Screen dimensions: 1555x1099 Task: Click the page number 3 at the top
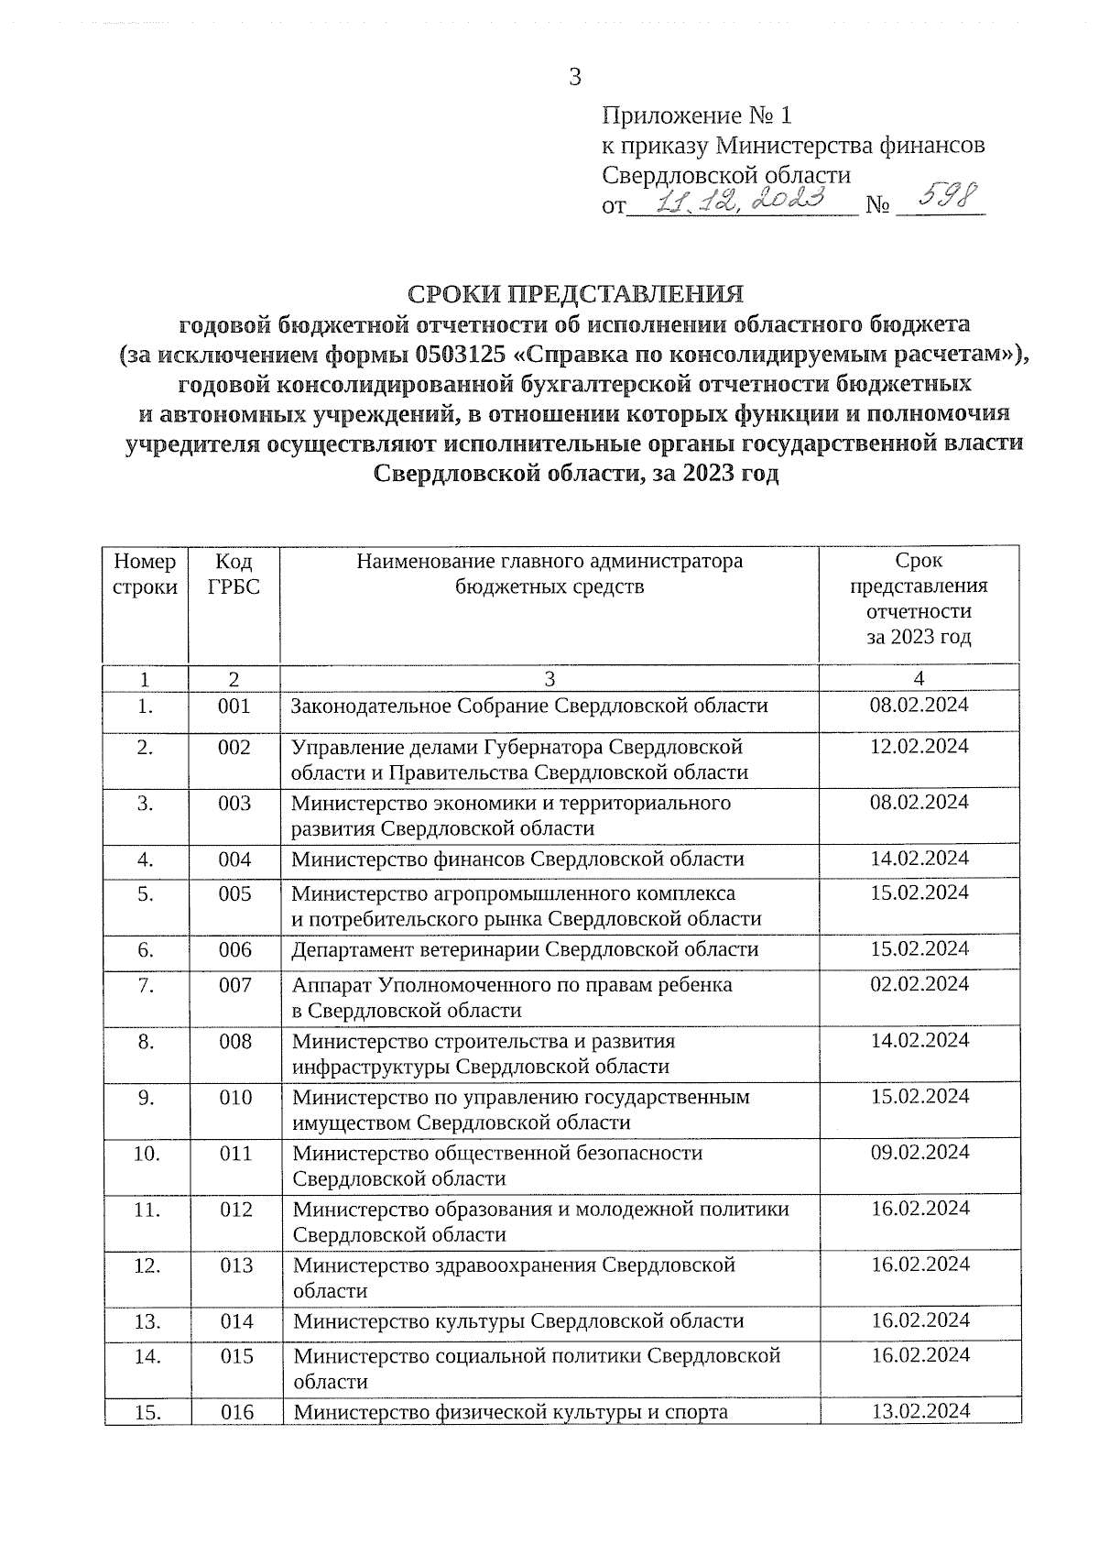coord(575,77)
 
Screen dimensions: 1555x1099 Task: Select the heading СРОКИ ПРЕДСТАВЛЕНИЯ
coord(575,294)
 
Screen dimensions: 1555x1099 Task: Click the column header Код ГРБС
coord(234,574)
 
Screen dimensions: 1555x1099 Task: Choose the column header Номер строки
coord(145,574)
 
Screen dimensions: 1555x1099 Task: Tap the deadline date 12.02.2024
coord(919,747)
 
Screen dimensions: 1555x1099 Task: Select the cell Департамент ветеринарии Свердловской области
coord(525,949)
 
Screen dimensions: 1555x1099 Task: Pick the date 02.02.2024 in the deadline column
coord(919,984)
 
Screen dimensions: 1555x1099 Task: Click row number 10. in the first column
coord(147,1154)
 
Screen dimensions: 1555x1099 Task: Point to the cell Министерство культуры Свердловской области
coord(518,1321)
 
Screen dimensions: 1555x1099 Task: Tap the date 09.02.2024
coord(919,1153)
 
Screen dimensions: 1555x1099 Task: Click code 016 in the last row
coord(236,1412)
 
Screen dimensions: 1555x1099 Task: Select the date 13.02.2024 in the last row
coord(919,1411)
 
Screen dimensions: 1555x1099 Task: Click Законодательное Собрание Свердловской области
coord(529,706)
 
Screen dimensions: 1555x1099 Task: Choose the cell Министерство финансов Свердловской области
coord(518,860)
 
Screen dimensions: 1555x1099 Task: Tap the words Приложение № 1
coord(696,116)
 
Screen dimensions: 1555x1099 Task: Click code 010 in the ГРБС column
coord(235,1098)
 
